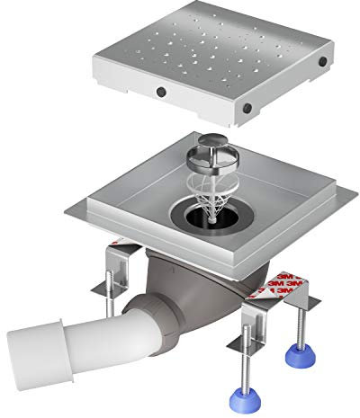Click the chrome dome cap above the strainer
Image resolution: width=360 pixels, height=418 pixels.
tap(213, 140)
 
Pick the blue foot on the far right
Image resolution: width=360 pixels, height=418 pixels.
tap(301, 356)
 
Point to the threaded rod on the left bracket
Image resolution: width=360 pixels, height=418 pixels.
tap(110, 294)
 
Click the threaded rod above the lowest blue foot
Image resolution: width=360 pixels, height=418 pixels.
tap(246, 357)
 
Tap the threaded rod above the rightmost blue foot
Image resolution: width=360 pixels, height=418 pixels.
tap(301, 326)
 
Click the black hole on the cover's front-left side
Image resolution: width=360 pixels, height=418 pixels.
tap(161, 92)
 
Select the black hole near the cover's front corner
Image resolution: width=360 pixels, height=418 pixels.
tap(247, 108)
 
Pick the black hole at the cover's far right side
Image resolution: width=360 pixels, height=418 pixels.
tap(323, 61)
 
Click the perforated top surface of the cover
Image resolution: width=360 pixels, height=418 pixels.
tap(210, 45)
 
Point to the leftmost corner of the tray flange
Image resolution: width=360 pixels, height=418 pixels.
tap(66, 211)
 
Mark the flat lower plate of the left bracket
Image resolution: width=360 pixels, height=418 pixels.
tap(108, 290)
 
